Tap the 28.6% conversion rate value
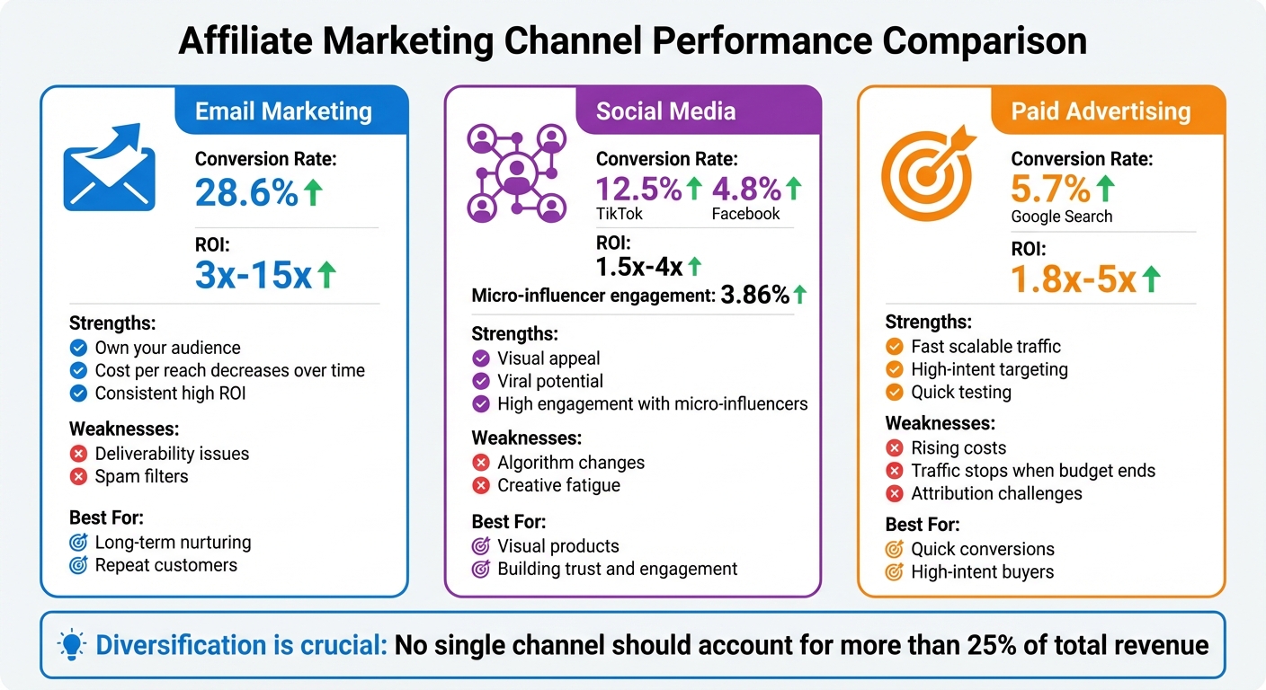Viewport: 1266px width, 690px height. click(x=246, y=191)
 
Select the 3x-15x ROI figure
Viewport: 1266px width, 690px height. click(x=253, y=275)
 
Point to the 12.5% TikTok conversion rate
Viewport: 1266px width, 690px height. click(x=638, y=189)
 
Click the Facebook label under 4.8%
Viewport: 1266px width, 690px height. click(x=745, y=214)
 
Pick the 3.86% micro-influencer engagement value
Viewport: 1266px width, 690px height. click(x=754, y=295)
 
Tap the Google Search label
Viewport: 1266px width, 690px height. click(x=1061, y=217)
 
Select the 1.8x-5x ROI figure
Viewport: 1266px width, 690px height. click(x=1074, y=280)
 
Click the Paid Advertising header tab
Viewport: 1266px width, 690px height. click(x=1101, y=111)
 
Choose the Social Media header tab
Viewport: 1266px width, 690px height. click(x=665, y=111)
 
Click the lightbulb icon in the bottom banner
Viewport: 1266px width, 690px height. click(x=71, y=644)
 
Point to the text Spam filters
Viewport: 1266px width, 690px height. click(x=141, y=476)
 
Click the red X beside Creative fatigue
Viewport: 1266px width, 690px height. click(x=481, y=485)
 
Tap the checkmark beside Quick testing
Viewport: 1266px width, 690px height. click(x=894, y=392)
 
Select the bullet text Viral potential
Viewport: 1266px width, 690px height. click(x=550, y=381)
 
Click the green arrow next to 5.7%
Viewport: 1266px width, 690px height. click(x=1105, y=188)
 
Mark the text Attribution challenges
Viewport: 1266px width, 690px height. click(x=996, y=493)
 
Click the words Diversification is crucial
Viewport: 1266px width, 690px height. click(x=241, y=645)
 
